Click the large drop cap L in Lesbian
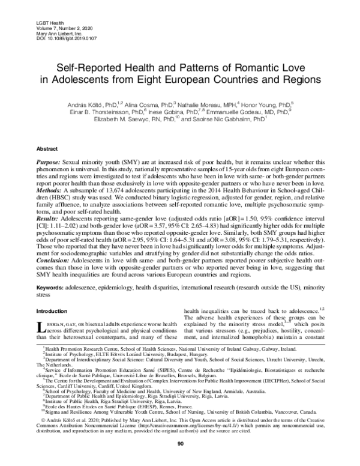[x=41, y=328]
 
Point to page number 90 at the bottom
[x=180, y=460]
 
